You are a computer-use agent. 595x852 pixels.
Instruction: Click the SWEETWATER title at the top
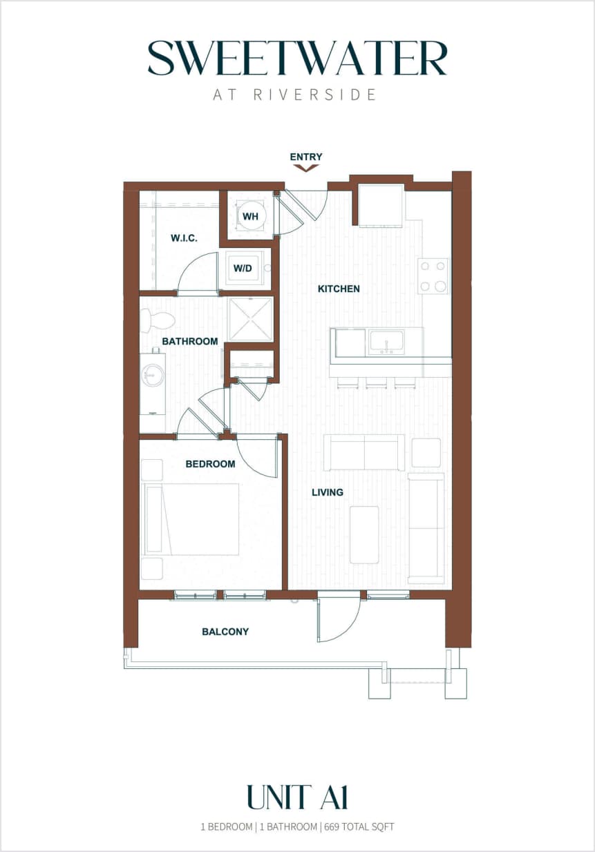click(x=297, y=59)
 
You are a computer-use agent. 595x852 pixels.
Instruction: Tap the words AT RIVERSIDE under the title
click(x=295, y=95)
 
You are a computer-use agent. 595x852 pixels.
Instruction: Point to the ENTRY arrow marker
click(x=305, y=166)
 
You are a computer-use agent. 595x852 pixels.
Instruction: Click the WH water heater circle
click(x=249, y=216)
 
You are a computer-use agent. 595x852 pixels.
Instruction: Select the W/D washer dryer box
click(x=243, y=268)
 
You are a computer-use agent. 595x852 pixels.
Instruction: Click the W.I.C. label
click(x=184, y=238)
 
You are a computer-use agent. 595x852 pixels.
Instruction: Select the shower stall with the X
click(x=250, y=319)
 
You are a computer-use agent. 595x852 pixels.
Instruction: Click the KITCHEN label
click(x=339, y=289)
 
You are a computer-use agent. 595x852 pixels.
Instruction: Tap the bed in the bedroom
click(x=192, y=519)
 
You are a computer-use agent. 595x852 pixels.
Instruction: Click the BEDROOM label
click(x=210, y=464)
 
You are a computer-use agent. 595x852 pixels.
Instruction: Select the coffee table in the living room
click(x=364, y=534)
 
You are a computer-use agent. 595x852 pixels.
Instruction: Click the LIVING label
click(x=327, y=492)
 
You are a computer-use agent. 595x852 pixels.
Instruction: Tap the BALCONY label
click(x=225, y=631)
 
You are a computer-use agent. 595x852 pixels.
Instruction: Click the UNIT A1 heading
click(x=297, y=797)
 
